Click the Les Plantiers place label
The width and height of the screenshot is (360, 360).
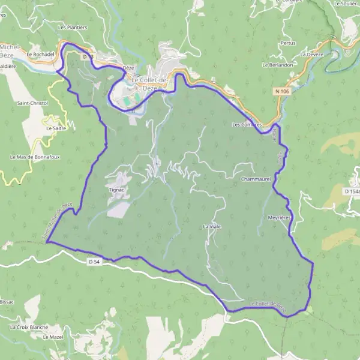click(x=73, y=28)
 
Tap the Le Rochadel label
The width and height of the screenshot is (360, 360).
click(x=41, y=54)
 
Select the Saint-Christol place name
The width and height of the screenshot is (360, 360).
click(x=32, y=103)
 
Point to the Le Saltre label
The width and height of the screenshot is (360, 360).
click(x=56, y=128)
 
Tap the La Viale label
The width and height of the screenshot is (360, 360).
click(x=211, y=227)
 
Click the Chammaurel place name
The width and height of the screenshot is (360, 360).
click(x=256, y=179)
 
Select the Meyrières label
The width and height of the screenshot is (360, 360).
click(x=279, y=218)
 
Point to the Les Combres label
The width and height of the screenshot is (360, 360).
click(x=246, y=125)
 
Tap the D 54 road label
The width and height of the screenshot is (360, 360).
click(x=93, y=262)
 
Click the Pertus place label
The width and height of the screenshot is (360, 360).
click(x=288, y=43)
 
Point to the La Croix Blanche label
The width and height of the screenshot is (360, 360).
click(x=29, y=327)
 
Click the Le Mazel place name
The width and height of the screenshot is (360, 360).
click(x=53, y=337)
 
